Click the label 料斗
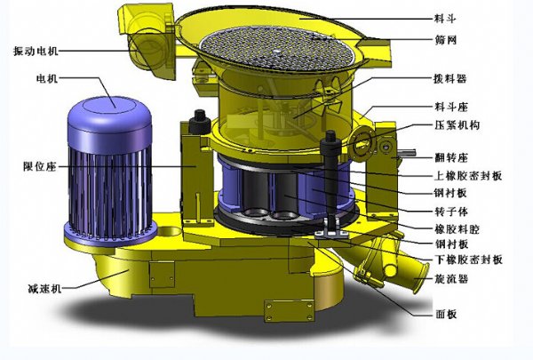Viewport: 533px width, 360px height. click(445, 19)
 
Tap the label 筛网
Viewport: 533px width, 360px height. click(445, 40)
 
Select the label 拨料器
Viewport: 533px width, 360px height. click(449, 79)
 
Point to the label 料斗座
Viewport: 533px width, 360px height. click(451, 107)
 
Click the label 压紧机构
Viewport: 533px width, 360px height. click(457, 125)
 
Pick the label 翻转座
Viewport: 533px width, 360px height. click(451, 158)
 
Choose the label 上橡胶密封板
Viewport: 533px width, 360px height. click(468, 176)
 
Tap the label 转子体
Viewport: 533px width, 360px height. click(451, 212)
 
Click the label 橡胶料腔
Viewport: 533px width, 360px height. click(457, 229)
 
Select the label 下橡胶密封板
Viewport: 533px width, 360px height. click(469, 260)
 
